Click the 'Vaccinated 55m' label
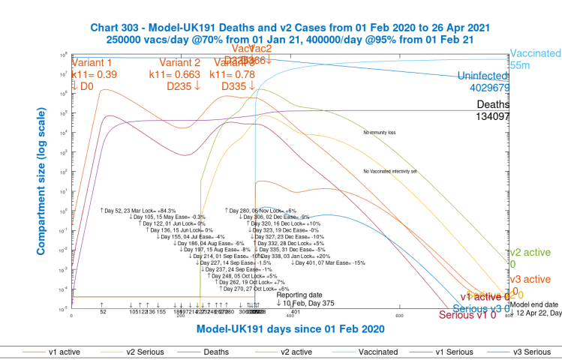point(535,60)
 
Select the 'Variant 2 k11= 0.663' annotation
point(180,69)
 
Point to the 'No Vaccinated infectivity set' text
point(389,172)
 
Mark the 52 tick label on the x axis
point(103,312)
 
